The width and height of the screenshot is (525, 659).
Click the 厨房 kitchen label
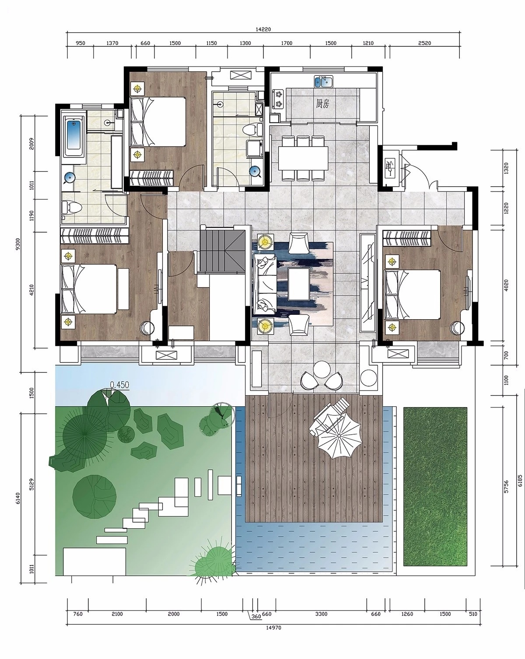(322, 104)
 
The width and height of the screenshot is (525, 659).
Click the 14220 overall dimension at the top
(263, 29)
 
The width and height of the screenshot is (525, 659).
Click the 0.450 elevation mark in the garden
(119, 385)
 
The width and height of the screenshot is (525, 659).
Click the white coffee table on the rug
(298, 284)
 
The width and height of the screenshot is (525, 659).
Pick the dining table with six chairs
(303, 158)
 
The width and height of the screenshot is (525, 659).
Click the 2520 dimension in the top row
(424, 43)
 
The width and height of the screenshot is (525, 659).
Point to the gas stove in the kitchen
(279, 99)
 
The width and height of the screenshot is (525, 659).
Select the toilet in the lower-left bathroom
(72, 208)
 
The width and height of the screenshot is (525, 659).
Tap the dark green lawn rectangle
(435, 486)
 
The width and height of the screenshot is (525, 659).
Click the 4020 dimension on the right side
(506, 285)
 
